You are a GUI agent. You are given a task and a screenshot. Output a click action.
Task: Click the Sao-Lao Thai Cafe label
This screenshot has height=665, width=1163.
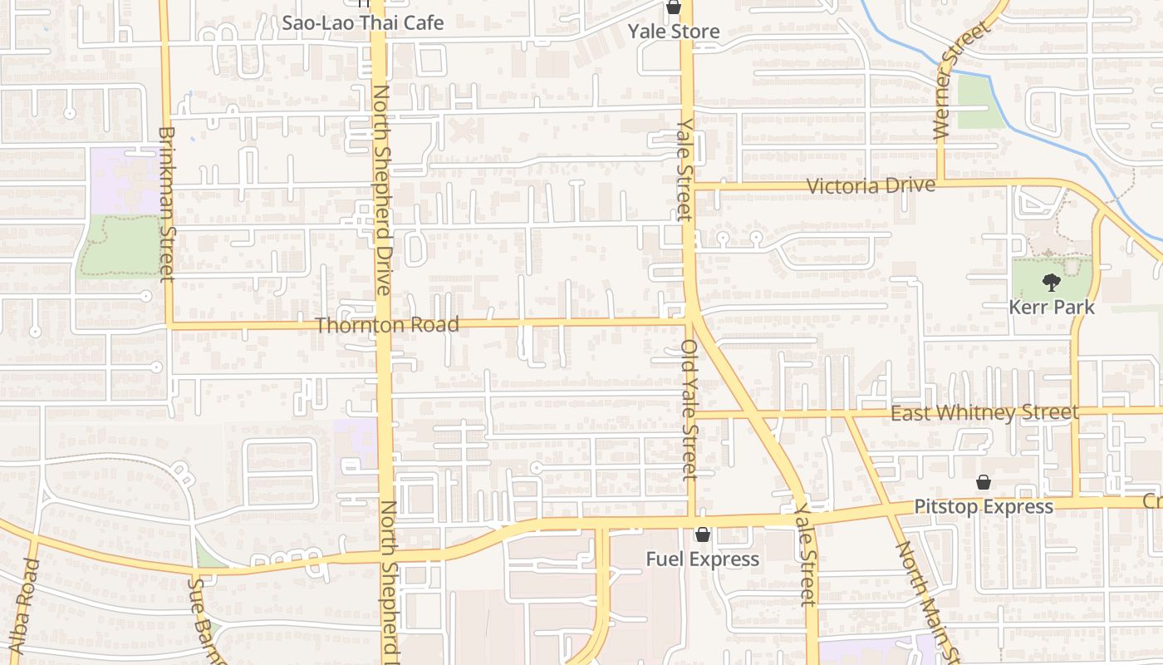coord(362,22)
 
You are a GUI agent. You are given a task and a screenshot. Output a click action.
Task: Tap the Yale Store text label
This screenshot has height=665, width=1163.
coord(673,32)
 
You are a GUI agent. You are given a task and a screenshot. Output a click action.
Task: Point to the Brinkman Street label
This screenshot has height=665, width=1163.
coord(166,204)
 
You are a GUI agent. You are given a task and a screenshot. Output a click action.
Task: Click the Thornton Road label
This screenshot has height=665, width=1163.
coord(387,325)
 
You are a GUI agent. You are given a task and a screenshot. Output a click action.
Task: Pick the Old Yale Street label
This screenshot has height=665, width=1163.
coord(689,409)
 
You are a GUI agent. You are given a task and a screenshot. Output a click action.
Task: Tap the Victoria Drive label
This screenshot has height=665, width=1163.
coord(871,185)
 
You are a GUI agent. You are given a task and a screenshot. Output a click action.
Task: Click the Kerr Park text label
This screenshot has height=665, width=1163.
coord(1052,308)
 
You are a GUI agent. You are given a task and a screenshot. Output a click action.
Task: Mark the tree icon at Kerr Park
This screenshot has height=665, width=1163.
coord(1052,283)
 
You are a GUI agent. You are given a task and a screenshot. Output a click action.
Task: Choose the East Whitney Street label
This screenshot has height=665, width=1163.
coord(984,412)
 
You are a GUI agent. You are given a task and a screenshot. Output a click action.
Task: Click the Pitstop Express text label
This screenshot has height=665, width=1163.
coord(984,506)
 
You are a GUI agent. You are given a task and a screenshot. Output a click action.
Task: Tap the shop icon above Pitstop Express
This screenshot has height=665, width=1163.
coord(984,482)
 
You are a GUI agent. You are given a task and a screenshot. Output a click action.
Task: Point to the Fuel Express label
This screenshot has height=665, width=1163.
coord(703,559)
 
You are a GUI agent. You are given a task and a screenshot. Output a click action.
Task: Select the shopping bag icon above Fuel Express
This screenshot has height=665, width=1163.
coord(703,534)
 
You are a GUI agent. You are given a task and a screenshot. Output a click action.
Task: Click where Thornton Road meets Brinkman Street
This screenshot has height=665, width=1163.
coord(169,325)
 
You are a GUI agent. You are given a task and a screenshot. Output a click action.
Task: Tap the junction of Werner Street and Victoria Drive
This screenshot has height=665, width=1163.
coord(941,181)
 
